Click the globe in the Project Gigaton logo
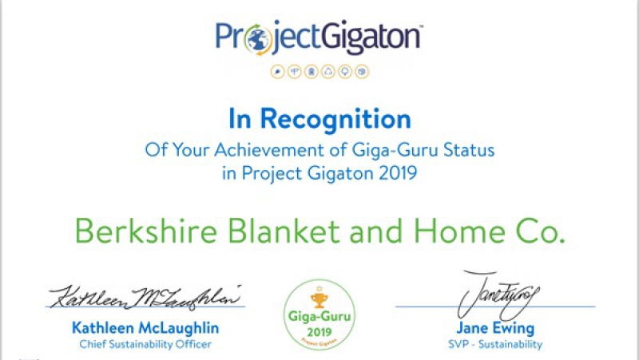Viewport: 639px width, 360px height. [x=258, y=39]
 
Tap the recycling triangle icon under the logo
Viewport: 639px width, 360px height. [x=328, y=72]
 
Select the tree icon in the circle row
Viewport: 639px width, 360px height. [x=345, y=72]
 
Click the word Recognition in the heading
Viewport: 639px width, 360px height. [x=335, y=119]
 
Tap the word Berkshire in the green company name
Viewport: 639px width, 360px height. [x=146, y=231]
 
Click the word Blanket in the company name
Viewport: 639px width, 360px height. [x=284, y=231]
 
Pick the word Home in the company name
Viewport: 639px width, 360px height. [x=459, y=231]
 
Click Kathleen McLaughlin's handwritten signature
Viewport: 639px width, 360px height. [x=145, y=297]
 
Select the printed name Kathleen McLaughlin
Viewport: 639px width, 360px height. [x=145, y=328]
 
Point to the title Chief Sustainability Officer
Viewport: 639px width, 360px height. [x=145, y=344]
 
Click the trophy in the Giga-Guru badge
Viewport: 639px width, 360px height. [x=319, y=299]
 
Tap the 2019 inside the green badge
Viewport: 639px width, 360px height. [x=319, y=332]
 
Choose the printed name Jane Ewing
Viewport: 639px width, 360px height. [x=495, y=328]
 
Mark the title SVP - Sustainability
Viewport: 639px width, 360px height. [x=495, y=344]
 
